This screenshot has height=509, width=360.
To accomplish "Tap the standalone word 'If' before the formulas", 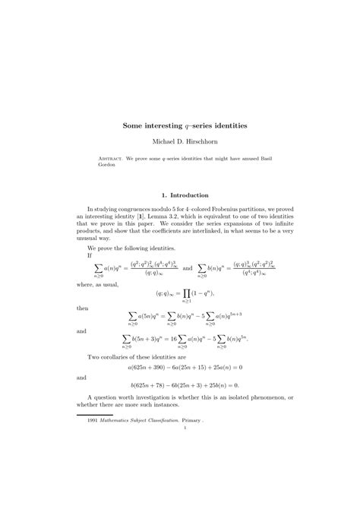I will [90, 256].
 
